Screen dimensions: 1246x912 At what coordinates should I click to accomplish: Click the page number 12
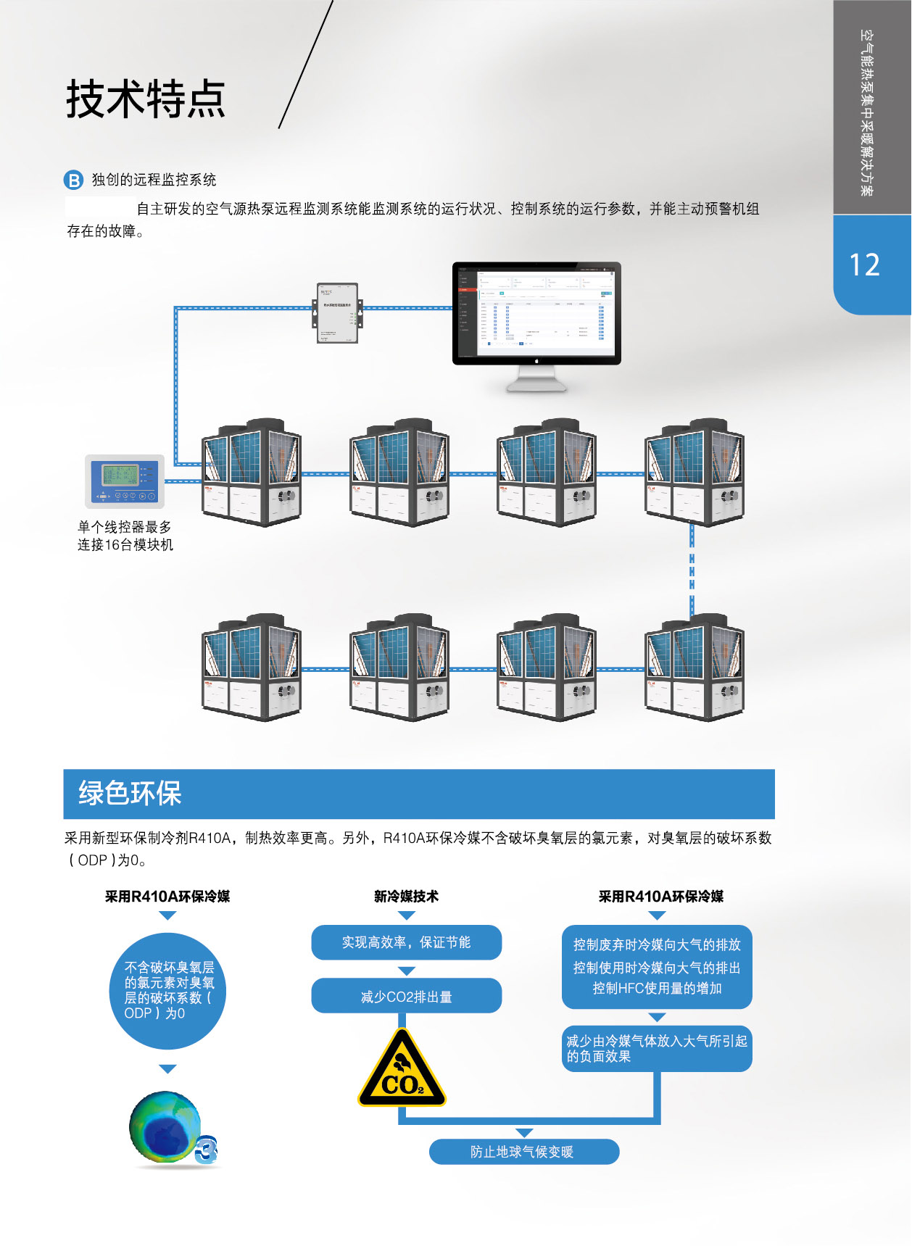coord(864,265)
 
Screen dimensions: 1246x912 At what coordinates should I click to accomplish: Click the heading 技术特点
coord(146,99)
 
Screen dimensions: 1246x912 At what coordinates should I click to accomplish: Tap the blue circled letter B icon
coord(74,180)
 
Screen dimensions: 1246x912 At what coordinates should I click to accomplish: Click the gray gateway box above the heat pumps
coord(337,312)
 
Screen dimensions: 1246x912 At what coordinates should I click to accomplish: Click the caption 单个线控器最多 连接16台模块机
coord(125,536)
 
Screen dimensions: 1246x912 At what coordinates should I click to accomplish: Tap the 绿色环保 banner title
coord(130,793)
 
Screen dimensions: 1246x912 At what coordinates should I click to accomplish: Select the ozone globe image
coord(166,1128)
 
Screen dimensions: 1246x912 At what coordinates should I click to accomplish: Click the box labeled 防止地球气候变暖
coord(523,1152)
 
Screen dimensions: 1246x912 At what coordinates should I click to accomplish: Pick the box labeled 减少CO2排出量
coord(406,997)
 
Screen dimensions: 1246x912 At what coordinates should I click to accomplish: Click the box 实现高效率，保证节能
coord(406,942)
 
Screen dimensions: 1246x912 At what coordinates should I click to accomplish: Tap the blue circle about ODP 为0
coord(167,991)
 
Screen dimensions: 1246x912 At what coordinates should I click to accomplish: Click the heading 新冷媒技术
coord(406,897)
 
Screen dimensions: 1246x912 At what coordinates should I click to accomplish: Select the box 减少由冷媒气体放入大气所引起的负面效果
coord(657,1048)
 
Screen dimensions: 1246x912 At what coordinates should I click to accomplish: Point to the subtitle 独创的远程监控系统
coord(154,180)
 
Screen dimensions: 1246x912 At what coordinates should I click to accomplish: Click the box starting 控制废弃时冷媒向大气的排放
coord(657,967)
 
